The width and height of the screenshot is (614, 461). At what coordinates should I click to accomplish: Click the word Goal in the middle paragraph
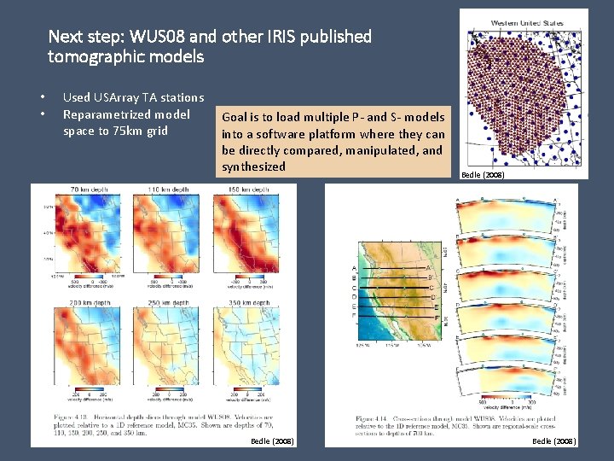tap(234, 117)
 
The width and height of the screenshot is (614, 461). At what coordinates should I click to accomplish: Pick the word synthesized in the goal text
tap(253, 166)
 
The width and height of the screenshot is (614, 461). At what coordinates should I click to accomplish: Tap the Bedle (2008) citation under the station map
tap(483, 174)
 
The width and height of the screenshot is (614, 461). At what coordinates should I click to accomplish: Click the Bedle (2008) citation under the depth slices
tap(272, 441)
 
